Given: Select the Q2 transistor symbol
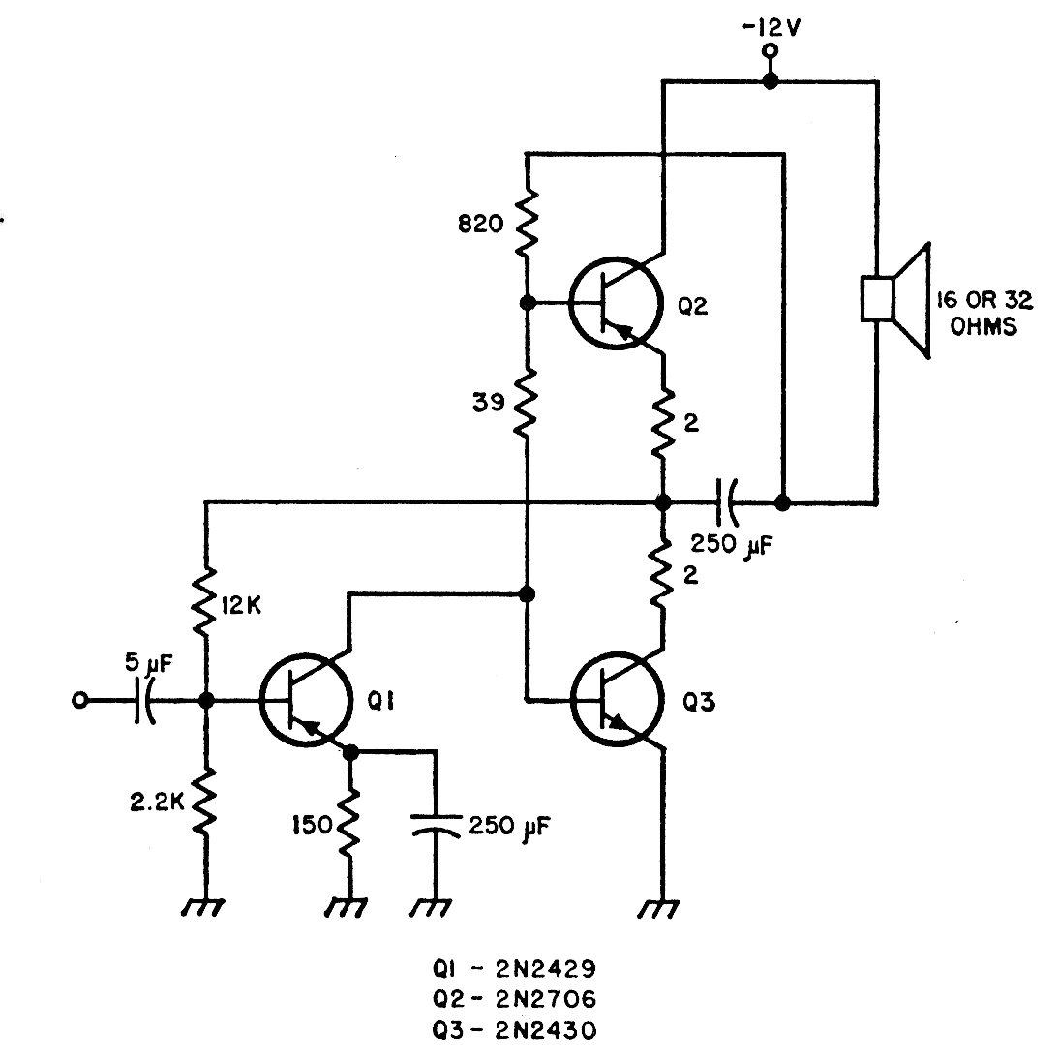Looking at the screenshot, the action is (x=614, y=303).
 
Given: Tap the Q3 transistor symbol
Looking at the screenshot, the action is (x=616, y=699).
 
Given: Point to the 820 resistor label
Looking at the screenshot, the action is (x=481, y=224).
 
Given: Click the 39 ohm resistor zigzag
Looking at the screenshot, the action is (x=527, y=402).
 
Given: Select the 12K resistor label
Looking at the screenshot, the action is (x=241, y=606).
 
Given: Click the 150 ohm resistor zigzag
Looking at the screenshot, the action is (x=349, y=824).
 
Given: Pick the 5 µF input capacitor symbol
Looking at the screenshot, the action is (x=144, y=701).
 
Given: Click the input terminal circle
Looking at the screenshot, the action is (x=79, y=701).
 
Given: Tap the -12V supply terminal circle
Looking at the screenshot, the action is (x=770, y=51).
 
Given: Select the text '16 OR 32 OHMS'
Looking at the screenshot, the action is (x=984, y=313).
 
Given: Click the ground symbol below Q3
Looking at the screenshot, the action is (x=658, y=909).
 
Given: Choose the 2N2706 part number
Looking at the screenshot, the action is (x=546, y=999).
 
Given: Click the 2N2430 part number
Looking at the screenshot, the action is (x=546, y=1030).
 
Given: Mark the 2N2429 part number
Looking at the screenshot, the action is (x=546, y=969).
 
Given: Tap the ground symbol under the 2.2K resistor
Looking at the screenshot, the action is (x=203, y=908).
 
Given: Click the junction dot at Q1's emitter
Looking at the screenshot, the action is (x=350, y=752).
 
